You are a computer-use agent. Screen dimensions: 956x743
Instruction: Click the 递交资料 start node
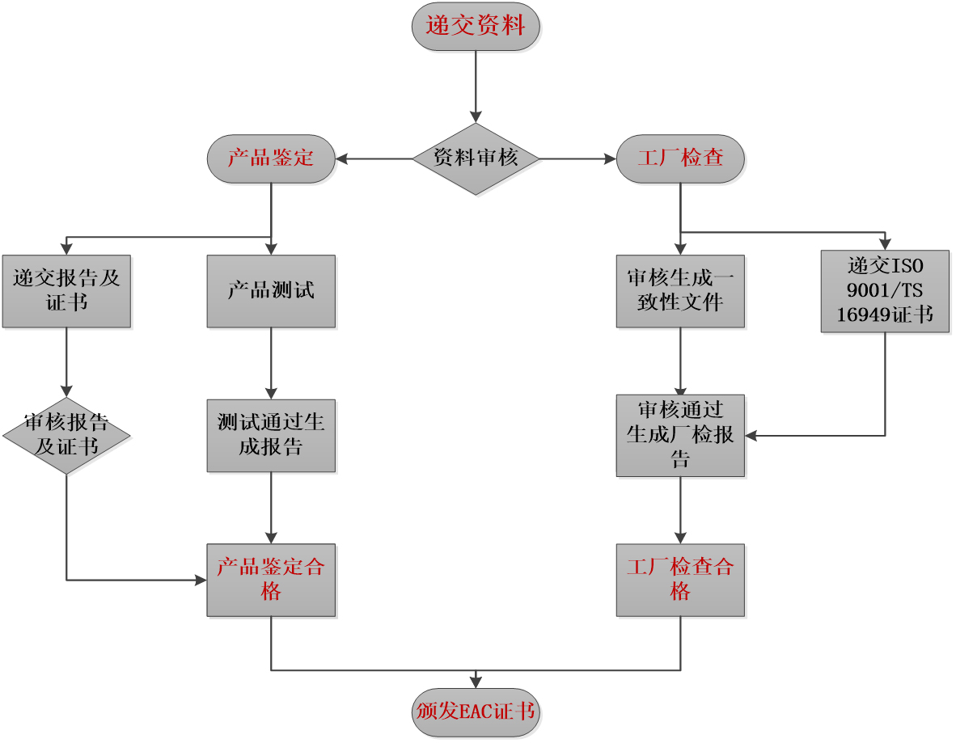coord(476,26)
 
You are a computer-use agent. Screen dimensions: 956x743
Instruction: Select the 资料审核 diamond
coord(476,159)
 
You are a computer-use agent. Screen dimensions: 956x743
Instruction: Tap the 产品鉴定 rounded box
coord(271,158)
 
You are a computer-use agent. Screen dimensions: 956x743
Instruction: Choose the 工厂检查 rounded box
coord(680,158)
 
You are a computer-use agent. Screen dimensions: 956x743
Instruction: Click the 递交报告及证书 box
coord(66,291)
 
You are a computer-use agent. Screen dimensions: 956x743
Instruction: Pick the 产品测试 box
coord(271,291)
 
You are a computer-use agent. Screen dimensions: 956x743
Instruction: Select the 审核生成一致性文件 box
coord(680,291)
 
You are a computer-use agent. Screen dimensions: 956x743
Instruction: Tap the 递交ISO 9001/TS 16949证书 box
coord(886,291)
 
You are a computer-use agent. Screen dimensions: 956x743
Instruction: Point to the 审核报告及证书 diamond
coord(66,436)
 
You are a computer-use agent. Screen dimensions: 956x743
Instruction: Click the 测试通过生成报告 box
coord(271,436)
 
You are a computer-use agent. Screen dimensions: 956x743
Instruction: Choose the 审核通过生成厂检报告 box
coord(680,436)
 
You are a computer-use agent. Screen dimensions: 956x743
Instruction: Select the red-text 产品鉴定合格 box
coord(271,580)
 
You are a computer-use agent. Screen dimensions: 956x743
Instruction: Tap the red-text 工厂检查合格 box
coord(680,580)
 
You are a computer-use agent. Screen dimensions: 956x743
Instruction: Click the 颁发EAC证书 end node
coord(476,712)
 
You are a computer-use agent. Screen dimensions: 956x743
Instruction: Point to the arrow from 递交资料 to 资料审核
coord(476,87)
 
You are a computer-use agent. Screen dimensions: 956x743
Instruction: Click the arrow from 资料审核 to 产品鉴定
coord(374,159)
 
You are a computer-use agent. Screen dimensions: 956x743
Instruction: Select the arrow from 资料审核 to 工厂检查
coord(578,159)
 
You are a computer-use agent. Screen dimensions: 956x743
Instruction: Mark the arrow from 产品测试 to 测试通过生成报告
coord(271,363)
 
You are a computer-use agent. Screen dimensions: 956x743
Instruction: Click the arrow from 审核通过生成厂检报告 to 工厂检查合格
coord(680,510)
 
